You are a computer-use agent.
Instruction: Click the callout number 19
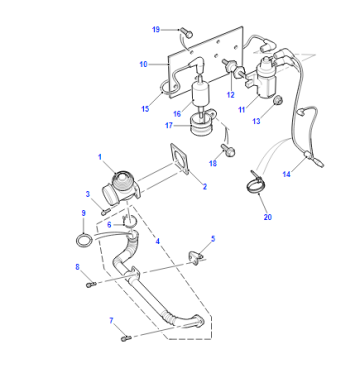(156, 30)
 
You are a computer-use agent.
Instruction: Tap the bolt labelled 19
(187, 33)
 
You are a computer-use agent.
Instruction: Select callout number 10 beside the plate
(143, 64)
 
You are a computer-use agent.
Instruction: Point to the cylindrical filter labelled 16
(200, 92)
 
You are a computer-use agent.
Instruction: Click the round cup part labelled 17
(201, 125)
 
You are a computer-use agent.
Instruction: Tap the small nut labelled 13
(278, 99)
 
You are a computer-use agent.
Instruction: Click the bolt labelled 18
(229, 150)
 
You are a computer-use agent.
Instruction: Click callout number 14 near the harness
(286, 174)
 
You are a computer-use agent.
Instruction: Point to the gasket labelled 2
(180, 159)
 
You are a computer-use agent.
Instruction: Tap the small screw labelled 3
(106, 211)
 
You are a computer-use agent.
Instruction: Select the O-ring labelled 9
(83, 240)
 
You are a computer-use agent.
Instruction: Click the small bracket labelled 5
(196, 258)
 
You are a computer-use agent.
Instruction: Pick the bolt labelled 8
(91, 284)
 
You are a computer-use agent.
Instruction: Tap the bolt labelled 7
(126, 339)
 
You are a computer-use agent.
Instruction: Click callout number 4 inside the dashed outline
(158, 241)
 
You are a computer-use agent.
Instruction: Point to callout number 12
(230, 95)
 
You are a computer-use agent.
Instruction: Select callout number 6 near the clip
(109, 225)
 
